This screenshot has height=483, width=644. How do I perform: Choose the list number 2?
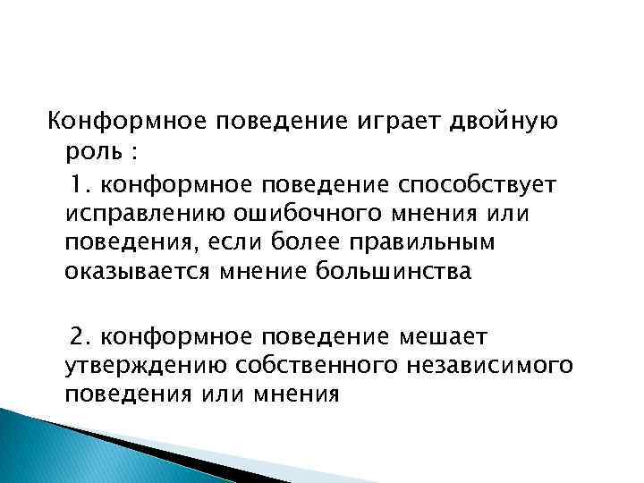(x=81, y=334)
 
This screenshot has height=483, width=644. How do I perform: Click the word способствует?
(x=480, y=183)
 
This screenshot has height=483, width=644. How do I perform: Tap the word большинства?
(x=391, y=274)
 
